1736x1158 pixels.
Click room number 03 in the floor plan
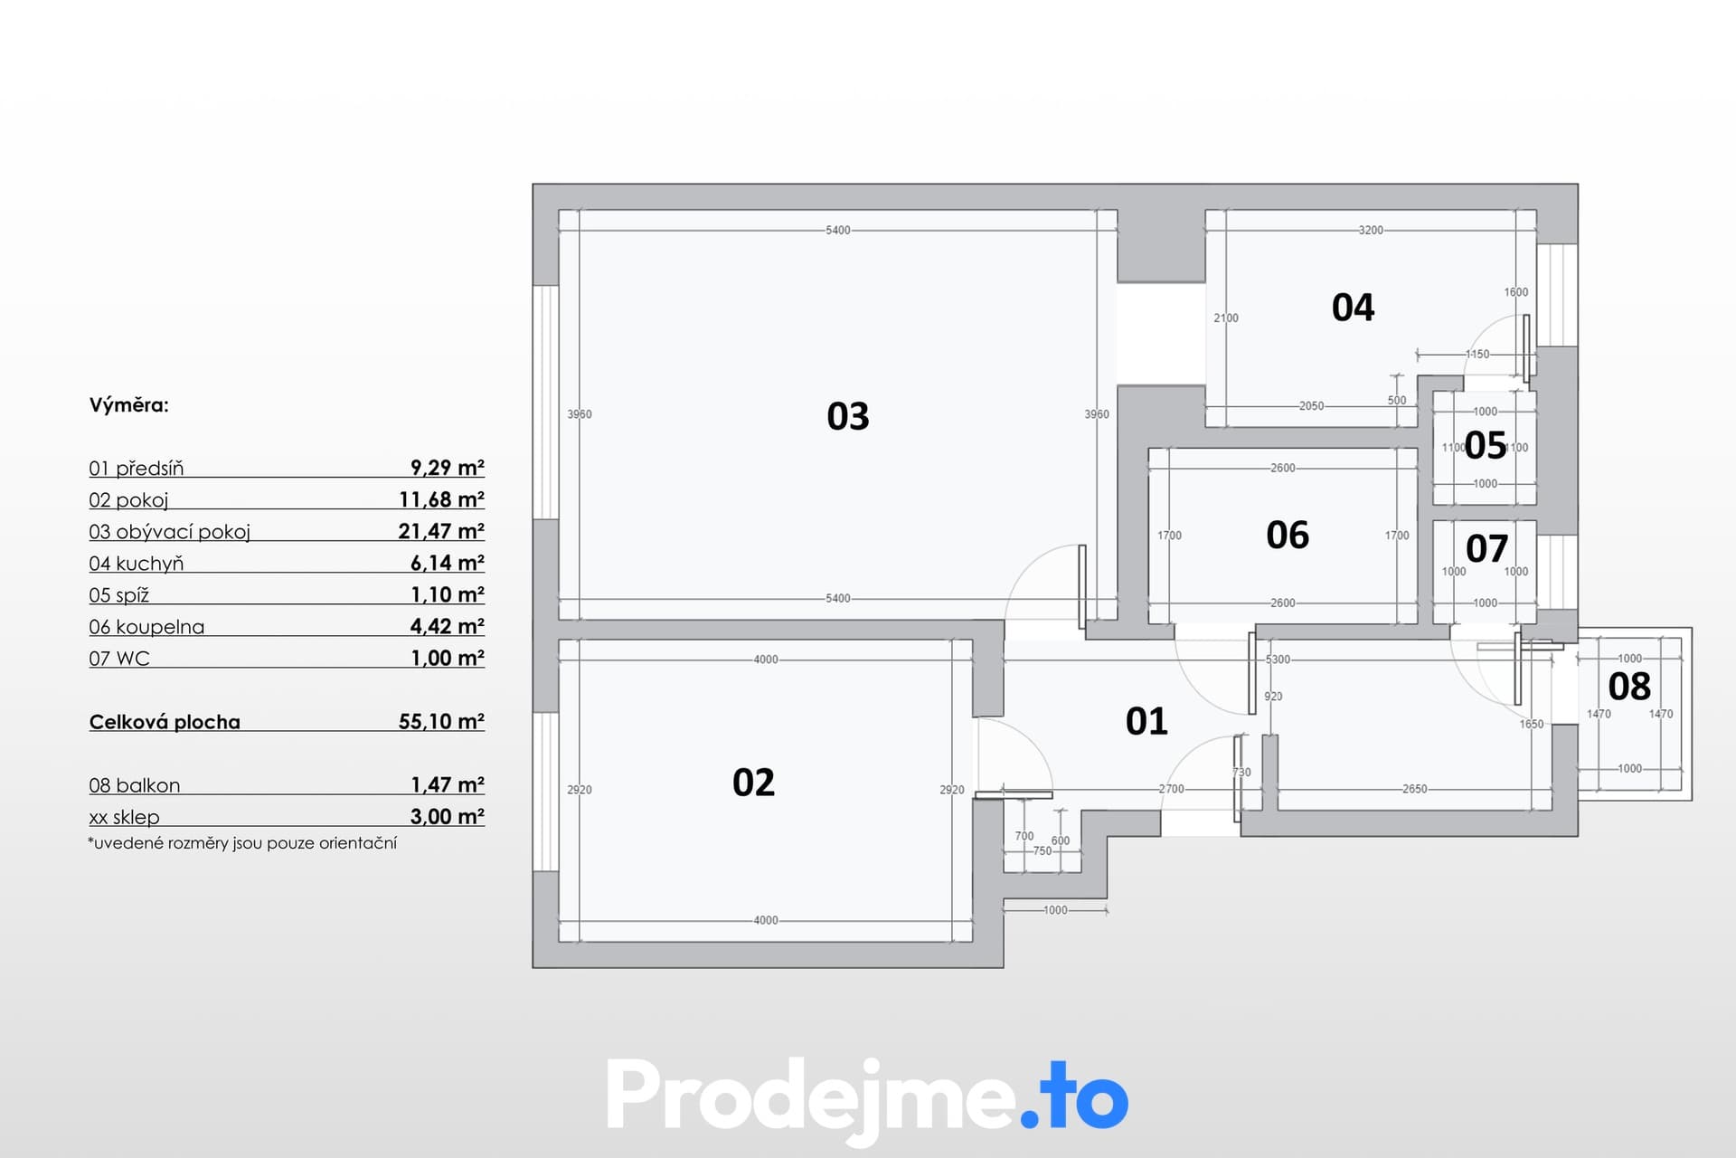point(847,416)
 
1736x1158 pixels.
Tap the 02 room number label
point(753,783)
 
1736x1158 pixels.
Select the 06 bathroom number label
point(1288,536)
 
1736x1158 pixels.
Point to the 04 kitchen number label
point(1353,308)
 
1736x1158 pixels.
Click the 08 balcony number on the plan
point(1629,687)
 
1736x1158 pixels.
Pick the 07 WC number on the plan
point(1486,548)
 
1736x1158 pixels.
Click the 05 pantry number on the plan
point(1486,445)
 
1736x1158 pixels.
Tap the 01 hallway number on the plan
point(1146,721)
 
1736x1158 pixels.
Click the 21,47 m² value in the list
point(441,531)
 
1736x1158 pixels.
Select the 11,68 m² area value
point(441,499)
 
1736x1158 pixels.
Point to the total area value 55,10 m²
point(441,722)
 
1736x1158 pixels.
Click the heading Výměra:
point(129,405)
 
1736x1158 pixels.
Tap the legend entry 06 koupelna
point(146,627)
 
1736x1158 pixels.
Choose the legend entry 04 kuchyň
point(137,564)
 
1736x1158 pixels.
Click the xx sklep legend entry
point(124,817)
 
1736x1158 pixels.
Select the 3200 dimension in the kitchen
point(1371,230)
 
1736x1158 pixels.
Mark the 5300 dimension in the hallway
point(1278,660)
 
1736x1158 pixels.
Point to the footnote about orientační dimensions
point(242,843)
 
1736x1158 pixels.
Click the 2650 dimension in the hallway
point(1415,789)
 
